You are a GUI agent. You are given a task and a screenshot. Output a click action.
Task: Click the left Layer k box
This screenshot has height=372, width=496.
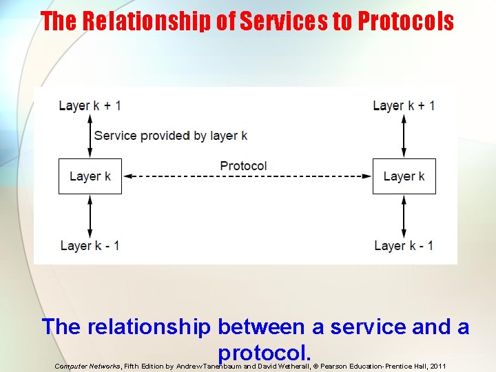pos(90,176)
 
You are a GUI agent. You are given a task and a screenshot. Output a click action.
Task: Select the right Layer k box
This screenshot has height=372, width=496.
pos(404,176)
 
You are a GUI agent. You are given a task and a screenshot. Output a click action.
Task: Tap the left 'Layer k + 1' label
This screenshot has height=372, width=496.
pos(90,105)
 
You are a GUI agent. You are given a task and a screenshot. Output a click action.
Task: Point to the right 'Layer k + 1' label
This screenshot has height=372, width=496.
pos(404,105)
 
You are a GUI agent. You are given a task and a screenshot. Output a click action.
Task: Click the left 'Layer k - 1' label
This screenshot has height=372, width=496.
pos(90,245)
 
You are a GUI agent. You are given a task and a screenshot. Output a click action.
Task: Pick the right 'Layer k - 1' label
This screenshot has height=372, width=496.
pos(404,245)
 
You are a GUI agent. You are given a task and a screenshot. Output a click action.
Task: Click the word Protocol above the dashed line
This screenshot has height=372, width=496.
pos(243,166)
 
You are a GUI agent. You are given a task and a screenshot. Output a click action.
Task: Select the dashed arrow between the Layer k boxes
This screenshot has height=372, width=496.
pos(247,177)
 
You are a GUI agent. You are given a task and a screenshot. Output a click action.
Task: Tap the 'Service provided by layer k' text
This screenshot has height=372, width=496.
pos(171,136)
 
